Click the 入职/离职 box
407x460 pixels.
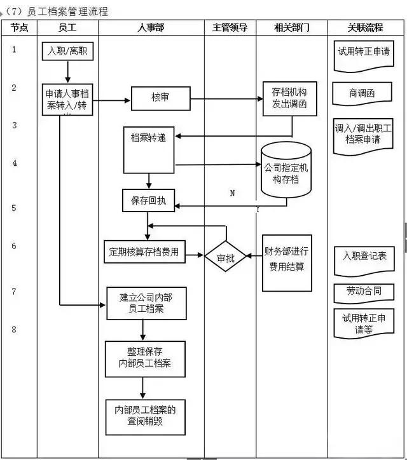tap(69, 51)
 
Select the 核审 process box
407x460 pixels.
tap(160, 98)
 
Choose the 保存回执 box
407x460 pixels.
tap(148, 200)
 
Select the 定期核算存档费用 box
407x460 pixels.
tap(144, 252)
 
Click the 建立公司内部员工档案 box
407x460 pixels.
tap(146, 303)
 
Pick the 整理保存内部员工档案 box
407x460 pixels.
tap(145, 359)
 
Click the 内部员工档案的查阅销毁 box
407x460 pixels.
tap(145, 416)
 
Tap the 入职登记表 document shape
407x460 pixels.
tap(364, 257)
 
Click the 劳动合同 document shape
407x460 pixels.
tap(364, 292)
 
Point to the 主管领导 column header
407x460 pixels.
tap(230, 27)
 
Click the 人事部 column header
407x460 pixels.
tap(151, 27)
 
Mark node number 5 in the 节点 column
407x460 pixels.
tap(14, 208)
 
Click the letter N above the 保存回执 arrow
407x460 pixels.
tap(232, 193)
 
